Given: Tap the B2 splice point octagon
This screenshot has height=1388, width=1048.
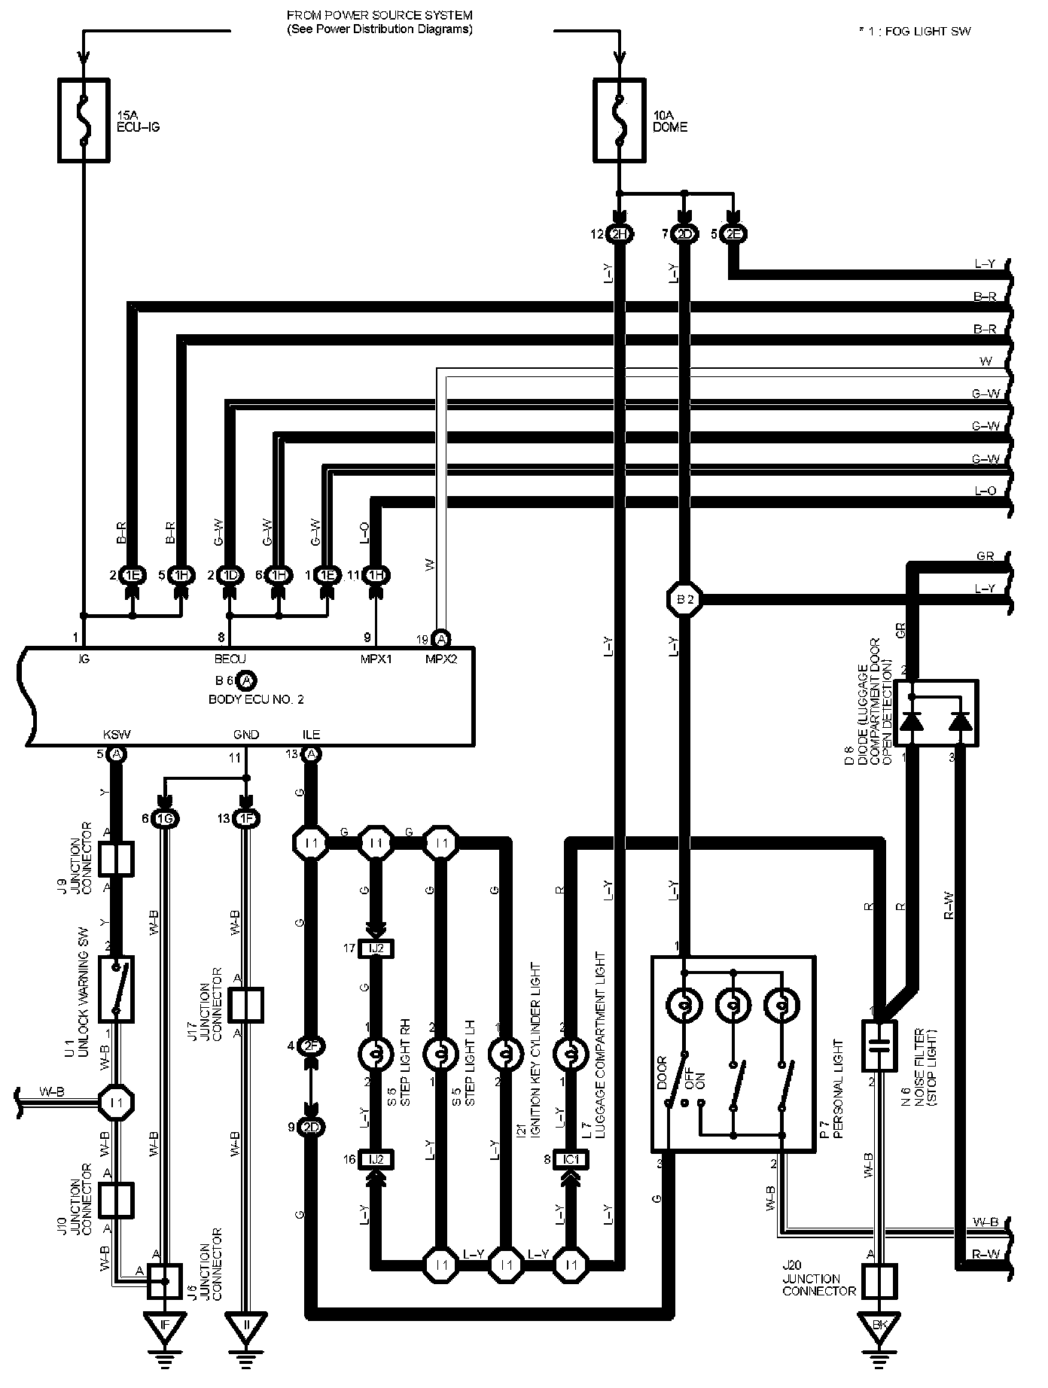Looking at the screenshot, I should [684, 600].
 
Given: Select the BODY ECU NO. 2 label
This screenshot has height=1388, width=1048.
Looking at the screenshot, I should [256, 699].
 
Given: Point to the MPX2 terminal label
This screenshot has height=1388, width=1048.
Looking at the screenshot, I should [441, 658].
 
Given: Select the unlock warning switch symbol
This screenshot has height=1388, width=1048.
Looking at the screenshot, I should [116, 988].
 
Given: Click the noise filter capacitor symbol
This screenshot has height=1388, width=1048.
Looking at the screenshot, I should [879, 1045].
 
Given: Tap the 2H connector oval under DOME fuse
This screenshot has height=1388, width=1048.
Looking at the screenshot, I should [619, 234].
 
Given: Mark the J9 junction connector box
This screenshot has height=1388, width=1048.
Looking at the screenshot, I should [116, 860].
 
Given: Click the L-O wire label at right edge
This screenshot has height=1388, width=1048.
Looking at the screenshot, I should [985, 492].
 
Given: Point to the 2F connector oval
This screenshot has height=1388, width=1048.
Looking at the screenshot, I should [310, 1046].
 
